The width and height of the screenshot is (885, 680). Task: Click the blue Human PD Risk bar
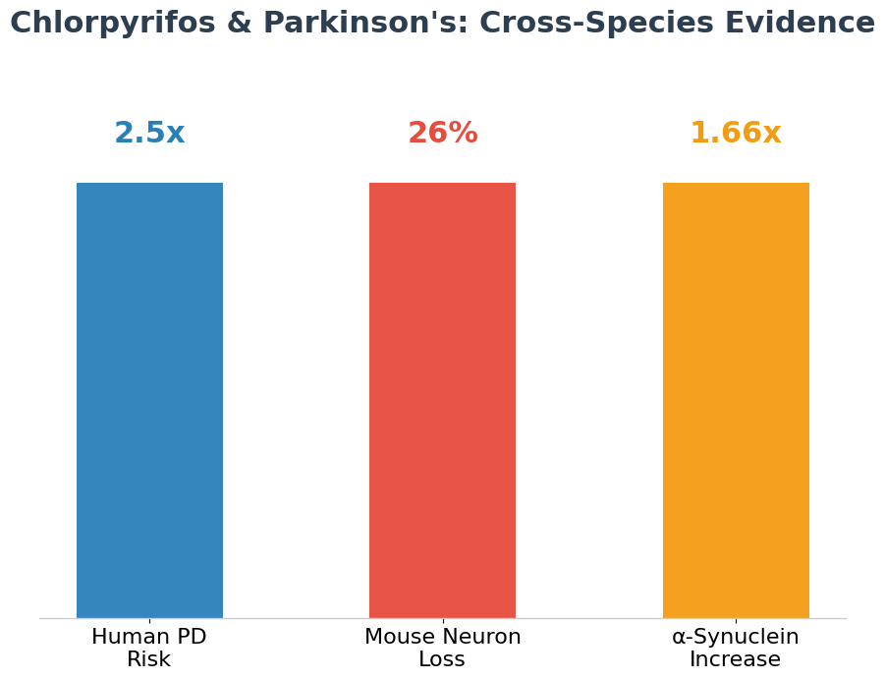(x=149, y=400)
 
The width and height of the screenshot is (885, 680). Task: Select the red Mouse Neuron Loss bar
(x=442, y=400)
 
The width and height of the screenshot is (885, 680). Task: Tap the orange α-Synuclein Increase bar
(x=736, y=400)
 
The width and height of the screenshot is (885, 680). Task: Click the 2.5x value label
(x=149, y=134)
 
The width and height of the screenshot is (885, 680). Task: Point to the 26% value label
(x=442, y=134)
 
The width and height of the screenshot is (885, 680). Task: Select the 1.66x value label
(x=736, y=134)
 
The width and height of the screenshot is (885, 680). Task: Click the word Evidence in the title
(x=798, y=24)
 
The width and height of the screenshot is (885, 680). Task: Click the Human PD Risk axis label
(x=149, y=649)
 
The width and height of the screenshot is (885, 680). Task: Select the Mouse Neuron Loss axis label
(x=442, y=649)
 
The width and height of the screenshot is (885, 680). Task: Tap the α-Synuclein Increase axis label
(x=736, y=649)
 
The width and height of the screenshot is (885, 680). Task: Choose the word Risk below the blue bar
(x=149, y=660)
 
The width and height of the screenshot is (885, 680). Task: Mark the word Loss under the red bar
(x=442, y=660)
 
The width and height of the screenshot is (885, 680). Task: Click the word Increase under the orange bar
(x=736, y=660)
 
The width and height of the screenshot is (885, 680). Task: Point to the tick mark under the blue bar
(x=149, y=621)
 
